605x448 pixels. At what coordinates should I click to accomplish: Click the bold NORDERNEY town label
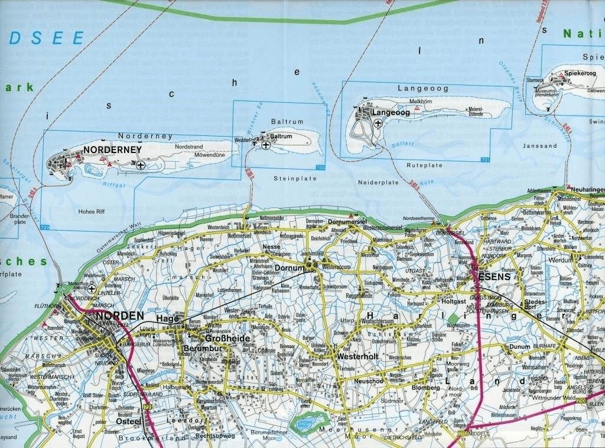click(x=112, y=150)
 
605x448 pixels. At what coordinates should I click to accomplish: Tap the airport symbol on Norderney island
click(x=141, y=165)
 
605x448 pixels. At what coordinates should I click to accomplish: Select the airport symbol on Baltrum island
click(x=265, y=144)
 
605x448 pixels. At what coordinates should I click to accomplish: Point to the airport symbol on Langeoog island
click(x=378, y=123)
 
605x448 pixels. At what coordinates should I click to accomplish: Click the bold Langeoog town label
click(x=390, y=112)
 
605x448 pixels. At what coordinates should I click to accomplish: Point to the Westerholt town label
click(x=357, y=357)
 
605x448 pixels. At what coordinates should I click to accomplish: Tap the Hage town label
click(x=167, y=319)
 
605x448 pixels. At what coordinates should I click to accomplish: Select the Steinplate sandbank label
click(x=288, y=178)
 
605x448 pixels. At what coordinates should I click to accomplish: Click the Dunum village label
click(x=520, y=347)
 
